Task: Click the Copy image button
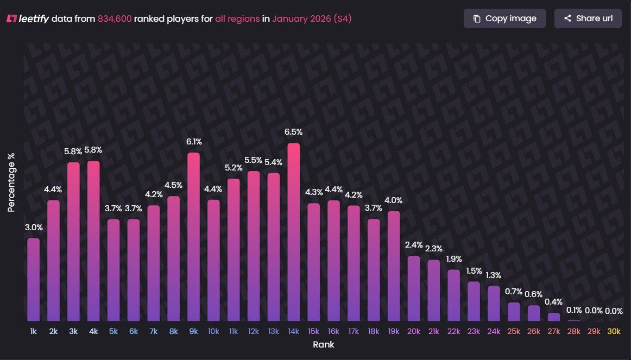[x=504, y=18]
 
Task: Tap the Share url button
[x=588, y=18]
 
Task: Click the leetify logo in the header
[x=28, y=18]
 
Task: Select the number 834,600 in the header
[x=115, y=18]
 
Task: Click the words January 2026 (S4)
[x=312, y=18]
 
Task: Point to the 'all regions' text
[x=237, y=18]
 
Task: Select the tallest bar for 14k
[x=294, y=233]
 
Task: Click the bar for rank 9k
[x=194, y=239]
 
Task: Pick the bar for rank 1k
[x=34, y=280]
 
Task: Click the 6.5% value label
[x=294, y=132]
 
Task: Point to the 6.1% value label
[x=194, y=142]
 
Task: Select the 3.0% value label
[x=34, y=227]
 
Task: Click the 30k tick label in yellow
[x=614, y=331]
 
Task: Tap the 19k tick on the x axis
[x=394, y=331]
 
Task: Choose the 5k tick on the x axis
[x=113, y=331]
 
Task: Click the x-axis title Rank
[x=324, y=345]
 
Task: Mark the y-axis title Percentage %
[x=11, y=182]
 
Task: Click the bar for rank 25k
[x=514, y=312]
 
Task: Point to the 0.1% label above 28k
[x=574, y=311]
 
